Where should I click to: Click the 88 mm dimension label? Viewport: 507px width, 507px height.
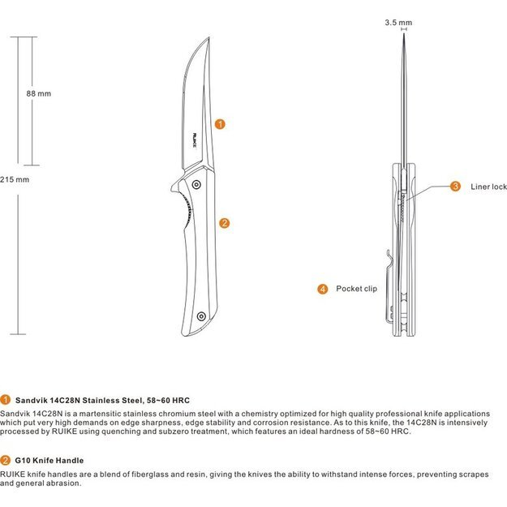coord(38,93)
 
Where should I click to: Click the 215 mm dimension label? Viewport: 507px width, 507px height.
coord(15,179)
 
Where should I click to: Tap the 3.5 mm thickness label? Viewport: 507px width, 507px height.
coord(398,24)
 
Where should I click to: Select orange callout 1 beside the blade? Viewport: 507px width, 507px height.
coord(220,124)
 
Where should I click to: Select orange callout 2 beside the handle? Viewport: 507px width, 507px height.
coord(224,222)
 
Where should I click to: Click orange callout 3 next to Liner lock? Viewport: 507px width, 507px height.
coord(455,187)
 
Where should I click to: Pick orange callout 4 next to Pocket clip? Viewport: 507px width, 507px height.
coord(322,289)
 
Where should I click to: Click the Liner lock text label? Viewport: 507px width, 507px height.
coord(488,187)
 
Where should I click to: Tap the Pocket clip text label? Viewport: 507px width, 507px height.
coord(356,289)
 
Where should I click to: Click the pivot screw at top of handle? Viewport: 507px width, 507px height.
coord(196,186)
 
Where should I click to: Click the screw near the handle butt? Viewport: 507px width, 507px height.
coord(205,318)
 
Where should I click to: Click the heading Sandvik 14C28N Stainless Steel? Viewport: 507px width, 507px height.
coord(102,400)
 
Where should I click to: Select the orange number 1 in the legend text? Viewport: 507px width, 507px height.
coord(6,400)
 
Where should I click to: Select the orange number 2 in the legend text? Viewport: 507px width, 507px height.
coord(6,460)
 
